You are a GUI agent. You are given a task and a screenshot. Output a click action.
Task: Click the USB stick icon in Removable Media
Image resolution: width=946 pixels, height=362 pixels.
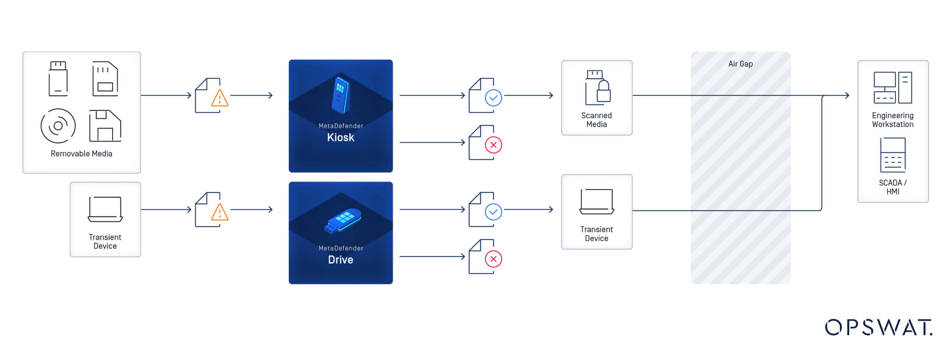(x=58, y=79)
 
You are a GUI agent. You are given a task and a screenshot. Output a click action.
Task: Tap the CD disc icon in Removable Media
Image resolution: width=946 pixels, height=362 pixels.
(x=58, y=126)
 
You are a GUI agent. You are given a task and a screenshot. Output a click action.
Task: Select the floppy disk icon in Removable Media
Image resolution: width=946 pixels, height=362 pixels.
(x=105, y=126)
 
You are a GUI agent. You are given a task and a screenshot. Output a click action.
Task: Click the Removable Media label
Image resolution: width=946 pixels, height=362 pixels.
(x=81, y=154)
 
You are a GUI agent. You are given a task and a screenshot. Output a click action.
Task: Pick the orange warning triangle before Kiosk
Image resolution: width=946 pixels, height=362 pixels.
(x=220, y=98)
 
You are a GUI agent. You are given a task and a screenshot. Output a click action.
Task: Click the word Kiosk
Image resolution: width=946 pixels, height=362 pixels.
(x=341, y=138)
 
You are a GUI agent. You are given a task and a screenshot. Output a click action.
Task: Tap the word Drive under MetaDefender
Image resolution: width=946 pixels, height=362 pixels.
(x=341, y=260)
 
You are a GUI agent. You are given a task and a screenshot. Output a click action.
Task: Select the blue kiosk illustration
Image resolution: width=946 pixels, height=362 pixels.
(x=341, y=95)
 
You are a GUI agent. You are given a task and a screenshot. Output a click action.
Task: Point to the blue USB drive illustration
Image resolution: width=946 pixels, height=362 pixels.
(x=343, y=220)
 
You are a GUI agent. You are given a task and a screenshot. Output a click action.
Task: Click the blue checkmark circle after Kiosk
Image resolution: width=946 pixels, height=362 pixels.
(x=493, y=98)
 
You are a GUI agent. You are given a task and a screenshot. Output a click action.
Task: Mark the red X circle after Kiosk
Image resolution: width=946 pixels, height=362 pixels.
(x=493, y=145)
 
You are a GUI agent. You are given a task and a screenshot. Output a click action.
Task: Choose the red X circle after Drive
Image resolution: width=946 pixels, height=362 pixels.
(x=493, y=259)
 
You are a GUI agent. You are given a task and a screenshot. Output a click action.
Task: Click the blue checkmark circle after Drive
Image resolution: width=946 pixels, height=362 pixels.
(x=493, y=212)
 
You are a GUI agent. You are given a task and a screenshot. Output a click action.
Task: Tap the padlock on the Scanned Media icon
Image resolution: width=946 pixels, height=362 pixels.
(x=604, y=92)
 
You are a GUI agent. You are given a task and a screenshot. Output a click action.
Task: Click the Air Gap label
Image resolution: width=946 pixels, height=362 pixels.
(x=741, y=64)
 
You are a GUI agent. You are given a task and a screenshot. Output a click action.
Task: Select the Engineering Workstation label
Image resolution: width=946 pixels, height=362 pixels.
(x=893, y=120)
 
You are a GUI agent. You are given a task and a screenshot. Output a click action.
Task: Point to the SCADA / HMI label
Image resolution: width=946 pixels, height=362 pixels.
(x=893, y=187)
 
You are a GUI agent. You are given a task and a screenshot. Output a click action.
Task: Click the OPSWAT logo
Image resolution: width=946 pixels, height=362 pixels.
(x=879, y=327)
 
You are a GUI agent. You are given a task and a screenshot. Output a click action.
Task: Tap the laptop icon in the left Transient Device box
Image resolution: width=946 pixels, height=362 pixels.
(x=105, y=209)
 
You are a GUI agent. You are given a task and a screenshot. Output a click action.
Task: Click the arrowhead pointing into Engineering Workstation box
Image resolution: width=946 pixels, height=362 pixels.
(x=847, y=95)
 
